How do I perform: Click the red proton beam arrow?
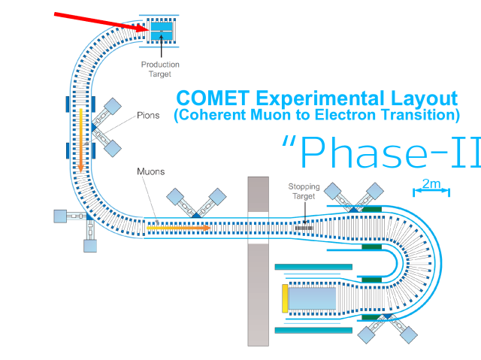tap(101, 22)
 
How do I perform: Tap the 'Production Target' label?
tap(160, 69)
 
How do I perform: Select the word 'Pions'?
tap(148, 115)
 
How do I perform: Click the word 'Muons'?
tap(150, 171)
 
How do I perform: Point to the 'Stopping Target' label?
tap(304, 192)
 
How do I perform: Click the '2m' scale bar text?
tap(431, 183)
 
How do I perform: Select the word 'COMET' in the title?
tap(213, 98)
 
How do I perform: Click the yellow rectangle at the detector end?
tap(285, 298)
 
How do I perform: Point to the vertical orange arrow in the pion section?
tap(80, 140)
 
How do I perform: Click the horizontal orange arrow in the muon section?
tap(178, 228)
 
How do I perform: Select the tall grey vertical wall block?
tap(259, 262)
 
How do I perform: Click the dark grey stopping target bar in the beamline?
tap(304, 228)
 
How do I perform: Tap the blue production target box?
tap(162, 31)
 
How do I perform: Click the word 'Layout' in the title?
tap(424, 98)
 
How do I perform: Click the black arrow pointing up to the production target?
tap(162, 46)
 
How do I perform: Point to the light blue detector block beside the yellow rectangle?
tap(313, 298)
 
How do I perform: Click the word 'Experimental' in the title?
tap(320, 98)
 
